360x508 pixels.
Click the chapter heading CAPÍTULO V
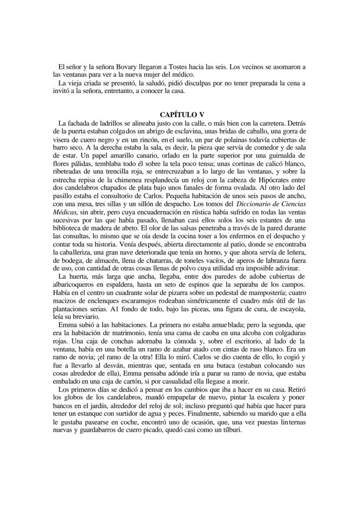(x=182, y=115)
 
